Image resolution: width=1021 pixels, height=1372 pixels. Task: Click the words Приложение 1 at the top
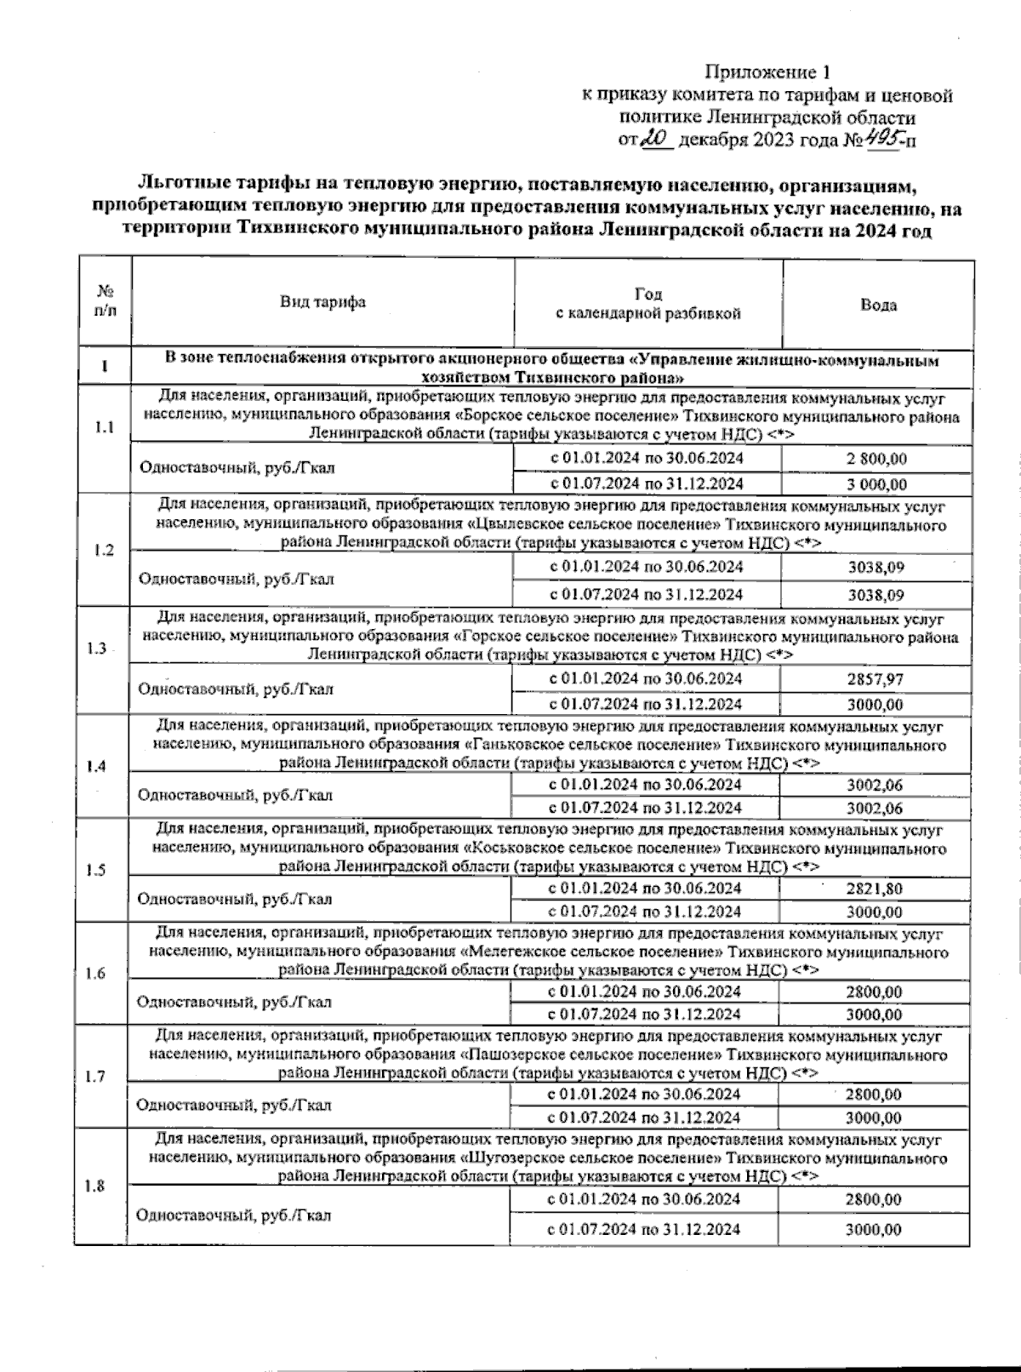tap(767, 71)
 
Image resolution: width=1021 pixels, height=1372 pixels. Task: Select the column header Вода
tap(877, 305)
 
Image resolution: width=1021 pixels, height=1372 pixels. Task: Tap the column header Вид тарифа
tap(322, 302)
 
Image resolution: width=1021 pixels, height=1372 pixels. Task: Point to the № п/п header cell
tap(105, 301)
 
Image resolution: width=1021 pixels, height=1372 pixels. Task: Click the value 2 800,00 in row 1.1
tap(876, 459)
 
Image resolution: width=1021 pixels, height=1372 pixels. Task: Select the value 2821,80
tap(875, 889)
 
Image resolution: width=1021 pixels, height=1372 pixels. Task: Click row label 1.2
tap(104, 550)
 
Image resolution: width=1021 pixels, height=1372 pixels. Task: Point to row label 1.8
tap(95, 1186)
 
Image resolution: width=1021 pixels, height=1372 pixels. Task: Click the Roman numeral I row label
tap(104, 367)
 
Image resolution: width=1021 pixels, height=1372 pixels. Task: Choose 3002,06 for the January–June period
tap(875, 785)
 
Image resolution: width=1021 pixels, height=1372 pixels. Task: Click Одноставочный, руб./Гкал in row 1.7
tap(234, 1106)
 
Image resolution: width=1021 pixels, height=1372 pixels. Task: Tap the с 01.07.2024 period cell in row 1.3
tap(644, 704)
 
